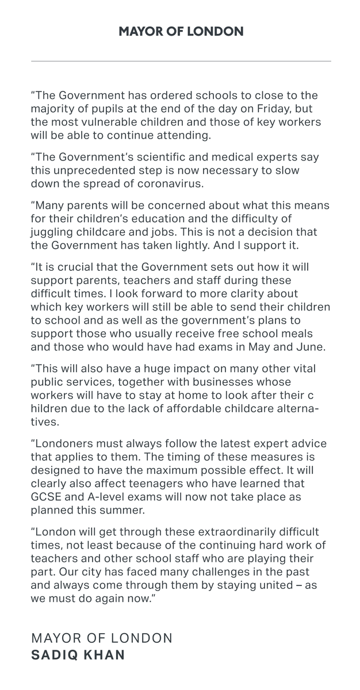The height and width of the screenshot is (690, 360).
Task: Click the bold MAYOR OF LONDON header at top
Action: point(181,32)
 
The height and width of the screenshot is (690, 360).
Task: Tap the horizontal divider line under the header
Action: point(181,61)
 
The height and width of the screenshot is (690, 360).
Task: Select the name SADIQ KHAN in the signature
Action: point(78,655)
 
